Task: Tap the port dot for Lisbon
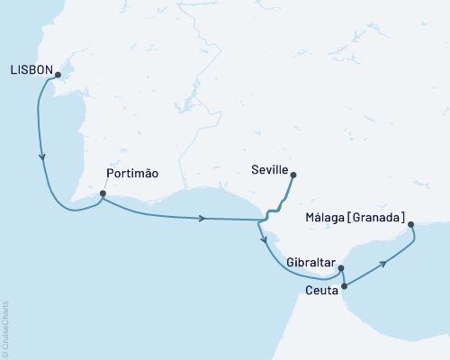pyautogui.click(x=58, y=75)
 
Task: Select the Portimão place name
pyautogui.click(x=132, y=175)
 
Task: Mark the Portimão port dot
pyautogui.click(x=103, y=193)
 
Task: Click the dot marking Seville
pyautogui.click(x=292, y=175)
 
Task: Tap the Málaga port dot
pyautogui.click(x=410, y=224)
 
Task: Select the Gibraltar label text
pyautogui.click(x=310, y=263)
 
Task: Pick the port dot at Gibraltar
pyautogui.click(x=341, y=267)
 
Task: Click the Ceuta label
pyautogui.click(x=322, y=291)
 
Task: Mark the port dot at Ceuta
pyautogui.click(x=345, y=286)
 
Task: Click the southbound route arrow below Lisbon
pyautogui.click(x=42, y=157)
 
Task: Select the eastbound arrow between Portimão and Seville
pyautogui.click(x=202, y=218)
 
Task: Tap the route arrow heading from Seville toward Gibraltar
pyautogui.click(x=264, y=240)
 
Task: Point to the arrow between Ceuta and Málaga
pyautogui.click(x=384, y=263)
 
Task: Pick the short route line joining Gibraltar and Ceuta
pyautogui.click(x=344, y=277)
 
